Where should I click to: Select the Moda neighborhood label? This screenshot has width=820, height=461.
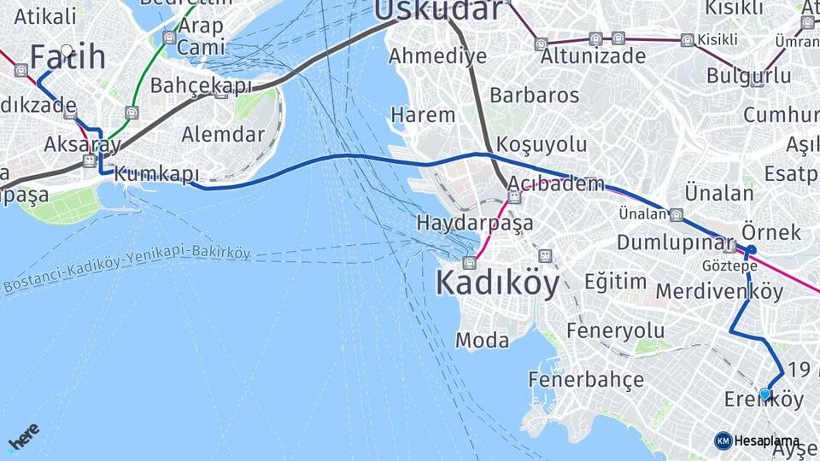tap(482, 341)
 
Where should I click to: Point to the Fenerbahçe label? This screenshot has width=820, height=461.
tap(585, 378)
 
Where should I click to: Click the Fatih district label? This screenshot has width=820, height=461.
tap(68, 57)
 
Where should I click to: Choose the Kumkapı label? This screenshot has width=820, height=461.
tap(155, 174)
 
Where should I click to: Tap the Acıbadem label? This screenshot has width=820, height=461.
tap(555, 184)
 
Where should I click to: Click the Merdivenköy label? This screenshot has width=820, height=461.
tap(719, 291)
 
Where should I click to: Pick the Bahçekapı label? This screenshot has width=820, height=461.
tap(201, 85)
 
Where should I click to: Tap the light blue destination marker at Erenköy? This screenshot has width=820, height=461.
tap(765, 394)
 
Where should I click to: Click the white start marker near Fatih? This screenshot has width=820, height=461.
tap(67, 50)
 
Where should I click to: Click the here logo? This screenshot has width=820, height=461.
tap(23, 437)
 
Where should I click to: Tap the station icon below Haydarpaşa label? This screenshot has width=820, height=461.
tap(469, 262)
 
